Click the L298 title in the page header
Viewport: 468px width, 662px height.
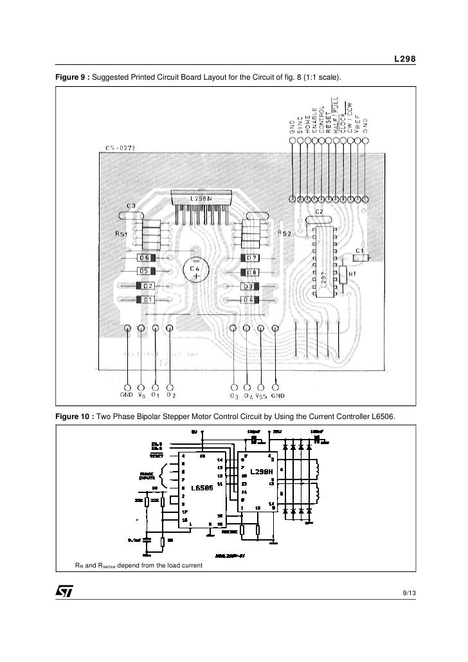(404, 60)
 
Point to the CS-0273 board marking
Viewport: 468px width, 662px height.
(120, 148)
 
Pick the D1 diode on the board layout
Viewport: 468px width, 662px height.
(148, 299)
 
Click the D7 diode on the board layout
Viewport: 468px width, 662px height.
(251, 258)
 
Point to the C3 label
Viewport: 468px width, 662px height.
(130, 206)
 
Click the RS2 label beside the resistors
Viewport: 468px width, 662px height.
(284, 233)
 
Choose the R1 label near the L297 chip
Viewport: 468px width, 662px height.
(352, 273)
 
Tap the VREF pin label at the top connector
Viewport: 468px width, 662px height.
(357, 122)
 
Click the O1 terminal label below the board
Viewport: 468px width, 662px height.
(155, 395)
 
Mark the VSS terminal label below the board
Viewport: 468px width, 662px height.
(261, 395)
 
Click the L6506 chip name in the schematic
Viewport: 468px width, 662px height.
(201, 487)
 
